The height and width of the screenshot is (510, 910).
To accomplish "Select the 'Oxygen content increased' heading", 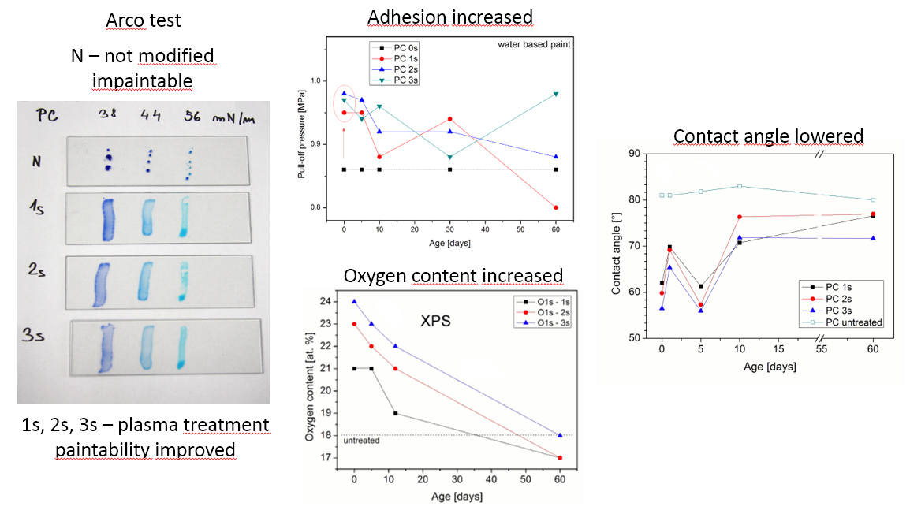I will (x=453, y=276).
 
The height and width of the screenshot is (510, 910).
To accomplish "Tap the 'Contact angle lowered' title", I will (x=768, y=136).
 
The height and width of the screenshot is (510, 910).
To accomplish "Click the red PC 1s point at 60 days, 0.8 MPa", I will (x=556, y=207).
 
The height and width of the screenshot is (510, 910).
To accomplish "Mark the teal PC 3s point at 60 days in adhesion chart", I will (x=556, y=94).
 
